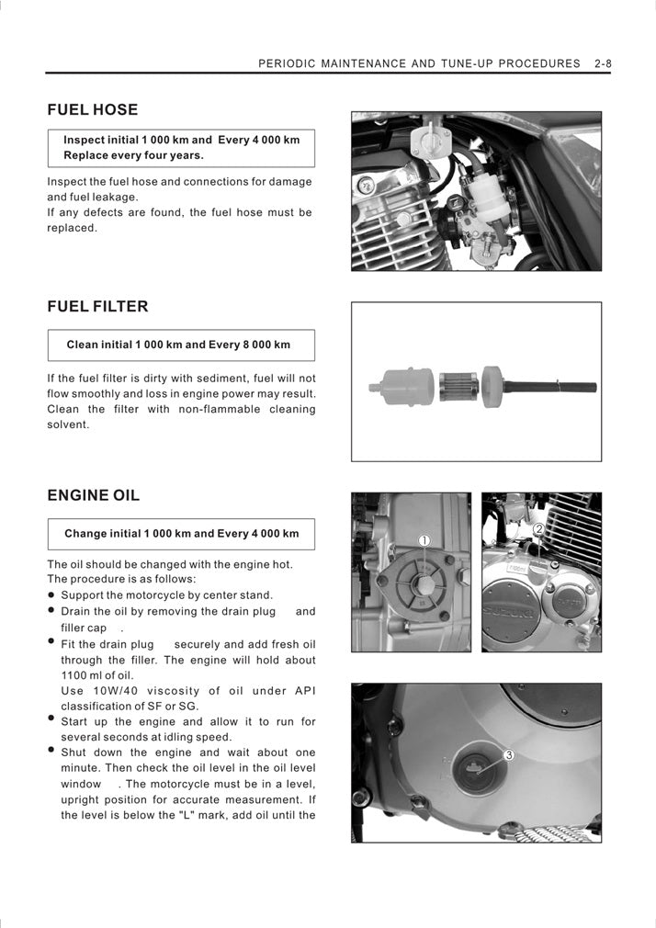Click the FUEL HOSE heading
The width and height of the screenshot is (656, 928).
tap(92, 110)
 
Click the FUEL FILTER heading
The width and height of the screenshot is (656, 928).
tap(97, 307)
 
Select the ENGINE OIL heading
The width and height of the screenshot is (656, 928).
tap(94, 496)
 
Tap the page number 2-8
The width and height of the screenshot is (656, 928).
tap(603, 64)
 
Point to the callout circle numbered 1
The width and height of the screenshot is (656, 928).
tap(424, 540)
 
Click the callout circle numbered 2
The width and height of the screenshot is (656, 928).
tap(538, 529)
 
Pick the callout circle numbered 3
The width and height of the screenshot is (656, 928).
tap(509, 754)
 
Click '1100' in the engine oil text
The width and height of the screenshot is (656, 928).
tap(74, 675)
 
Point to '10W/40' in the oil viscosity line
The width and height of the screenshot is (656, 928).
tap(117, 691)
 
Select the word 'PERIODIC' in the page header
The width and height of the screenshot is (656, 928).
tap(288, 64)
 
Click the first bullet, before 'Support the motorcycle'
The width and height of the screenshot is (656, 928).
tap(52, 595)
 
